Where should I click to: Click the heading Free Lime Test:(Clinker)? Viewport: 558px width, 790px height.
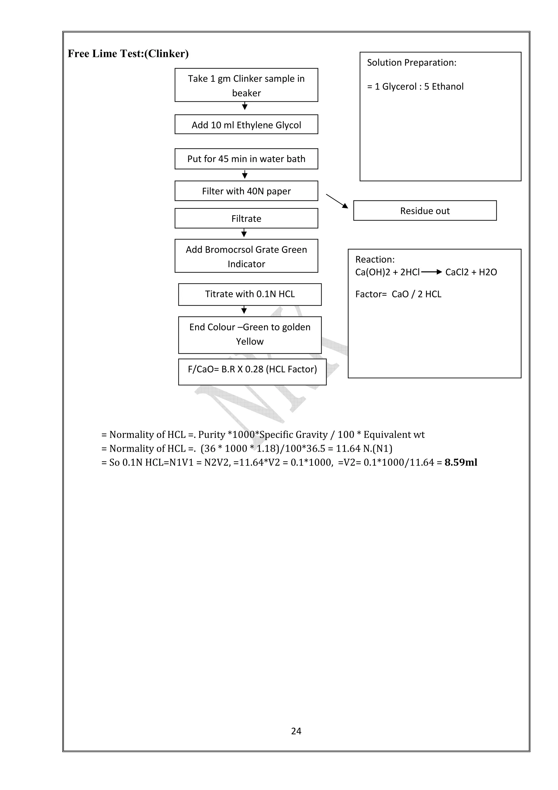128,54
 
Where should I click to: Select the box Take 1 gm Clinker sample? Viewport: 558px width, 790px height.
246,85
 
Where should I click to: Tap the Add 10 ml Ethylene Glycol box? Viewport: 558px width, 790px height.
246,125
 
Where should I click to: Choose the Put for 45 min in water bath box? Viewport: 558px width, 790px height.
246,159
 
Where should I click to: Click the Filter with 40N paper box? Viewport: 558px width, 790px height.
246,191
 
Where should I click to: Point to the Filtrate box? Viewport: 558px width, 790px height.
246,218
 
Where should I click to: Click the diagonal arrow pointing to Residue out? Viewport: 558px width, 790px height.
337,201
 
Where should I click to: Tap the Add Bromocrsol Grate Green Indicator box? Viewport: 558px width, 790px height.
246,256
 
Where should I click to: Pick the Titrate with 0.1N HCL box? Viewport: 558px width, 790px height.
250,294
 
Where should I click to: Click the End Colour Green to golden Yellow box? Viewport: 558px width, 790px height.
250,334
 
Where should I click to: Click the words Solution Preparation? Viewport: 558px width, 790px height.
411,63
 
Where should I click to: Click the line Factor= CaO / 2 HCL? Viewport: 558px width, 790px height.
398,294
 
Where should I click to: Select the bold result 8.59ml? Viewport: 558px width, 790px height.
460,462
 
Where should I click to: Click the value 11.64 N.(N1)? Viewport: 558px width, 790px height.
364,448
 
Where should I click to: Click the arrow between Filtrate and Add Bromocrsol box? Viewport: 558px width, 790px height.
244,233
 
